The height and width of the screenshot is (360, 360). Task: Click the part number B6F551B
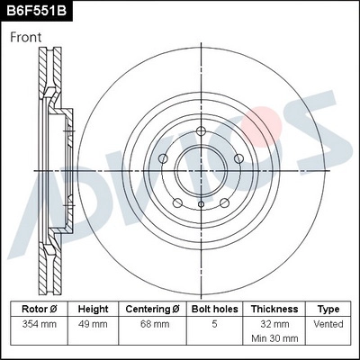click(x=36, y=12)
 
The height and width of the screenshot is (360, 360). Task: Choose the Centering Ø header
click(x=152, y=309)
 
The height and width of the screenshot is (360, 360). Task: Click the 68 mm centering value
click(x=152, y=324)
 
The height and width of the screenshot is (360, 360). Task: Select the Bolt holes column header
click(x=214, y=309)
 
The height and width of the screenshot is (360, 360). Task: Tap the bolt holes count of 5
click(x=214, y=324)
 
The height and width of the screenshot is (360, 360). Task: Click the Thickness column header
click(x=274, y=309)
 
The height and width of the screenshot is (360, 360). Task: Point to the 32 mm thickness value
click(x=274, y=324)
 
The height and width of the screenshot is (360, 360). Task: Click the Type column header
click(x=329, y=309)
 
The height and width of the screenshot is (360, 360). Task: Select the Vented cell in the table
click(x=329, y=324)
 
